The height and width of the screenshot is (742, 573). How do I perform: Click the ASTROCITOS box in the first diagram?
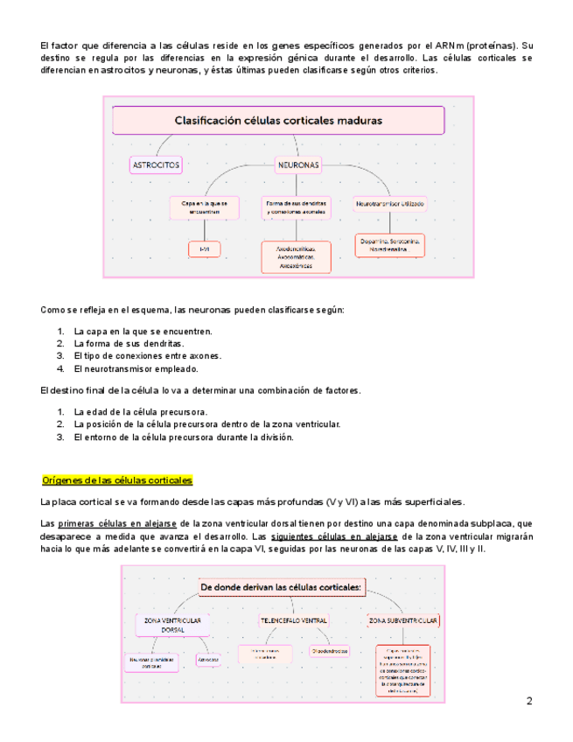click(156, 164)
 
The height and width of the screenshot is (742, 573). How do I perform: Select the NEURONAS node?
click(298, 164)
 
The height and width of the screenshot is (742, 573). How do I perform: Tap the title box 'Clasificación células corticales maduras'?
click(278, 120)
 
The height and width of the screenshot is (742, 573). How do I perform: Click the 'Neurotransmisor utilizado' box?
click(389, 203)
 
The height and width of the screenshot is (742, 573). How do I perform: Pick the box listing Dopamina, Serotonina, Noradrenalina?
click(390, 244)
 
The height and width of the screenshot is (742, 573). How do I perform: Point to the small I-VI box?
click(204, 249)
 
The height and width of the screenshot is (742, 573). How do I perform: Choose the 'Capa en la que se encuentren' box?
click(204, 207)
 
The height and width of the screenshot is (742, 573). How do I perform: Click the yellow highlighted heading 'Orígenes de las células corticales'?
click(117, 480)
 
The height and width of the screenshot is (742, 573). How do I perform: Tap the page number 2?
click(529, 701)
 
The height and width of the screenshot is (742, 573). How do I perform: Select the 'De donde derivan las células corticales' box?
click(282, 587)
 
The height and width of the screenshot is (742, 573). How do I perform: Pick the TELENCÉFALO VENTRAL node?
click(293, 620)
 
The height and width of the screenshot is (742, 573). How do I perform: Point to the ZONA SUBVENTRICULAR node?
click(403, 620)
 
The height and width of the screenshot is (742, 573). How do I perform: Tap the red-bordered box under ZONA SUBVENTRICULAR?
click(403, 670)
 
